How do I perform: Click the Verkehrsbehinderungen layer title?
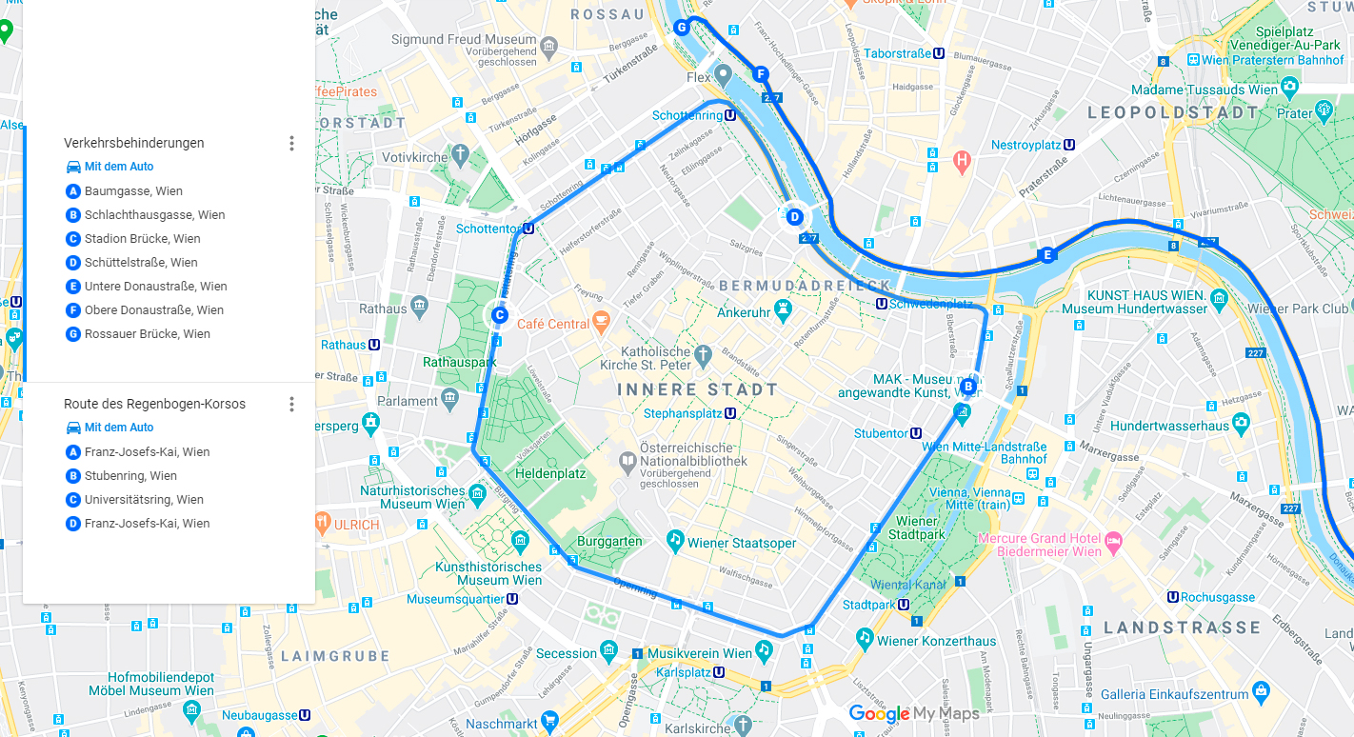point(134,143)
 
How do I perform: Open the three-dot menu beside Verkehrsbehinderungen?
point(291,144)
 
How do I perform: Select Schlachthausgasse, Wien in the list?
point(154,215)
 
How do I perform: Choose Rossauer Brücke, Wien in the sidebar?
point(147,334)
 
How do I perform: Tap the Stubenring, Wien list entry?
point(130,476)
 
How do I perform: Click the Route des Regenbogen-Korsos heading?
point(154,404)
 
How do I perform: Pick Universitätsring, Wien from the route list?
point(144,500)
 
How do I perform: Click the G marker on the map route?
point(682,28)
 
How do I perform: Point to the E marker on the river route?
point(1047,255)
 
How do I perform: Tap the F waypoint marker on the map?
point(760,74)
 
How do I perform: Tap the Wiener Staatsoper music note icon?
point(675,541)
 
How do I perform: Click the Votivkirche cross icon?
point(461,154)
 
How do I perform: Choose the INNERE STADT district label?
point(697,390)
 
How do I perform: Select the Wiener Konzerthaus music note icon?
point(865,636)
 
